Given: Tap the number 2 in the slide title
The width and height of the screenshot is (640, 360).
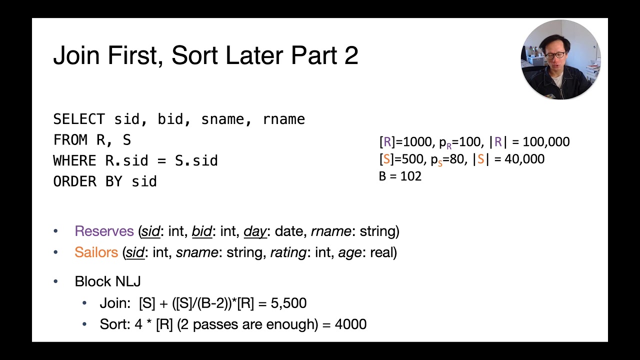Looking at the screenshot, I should [351, 55].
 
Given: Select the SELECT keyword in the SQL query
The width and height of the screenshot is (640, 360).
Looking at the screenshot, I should [79, 119].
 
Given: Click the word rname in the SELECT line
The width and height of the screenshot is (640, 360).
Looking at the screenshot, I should [283, 119].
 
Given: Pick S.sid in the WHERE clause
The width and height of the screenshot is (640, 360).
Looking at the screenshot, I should [196, 161].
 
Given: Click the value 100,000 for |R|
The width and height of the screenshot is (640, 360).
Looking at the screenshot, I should [545, 142].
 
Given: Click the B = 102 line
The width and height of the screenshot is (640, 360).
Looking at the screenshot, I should [400, 176].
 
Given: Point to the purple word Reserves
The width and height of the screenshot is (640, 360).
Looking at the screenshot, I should [104, 231].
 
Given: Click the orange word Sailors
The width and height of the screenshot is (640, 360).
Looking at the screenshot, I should [96, 252].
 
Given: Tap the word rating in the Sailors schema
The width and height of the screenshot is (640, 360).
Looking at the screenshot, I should [288, 252].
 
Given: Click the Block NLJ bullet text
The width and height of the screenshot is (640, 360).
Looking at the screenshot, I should [107, 281].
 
